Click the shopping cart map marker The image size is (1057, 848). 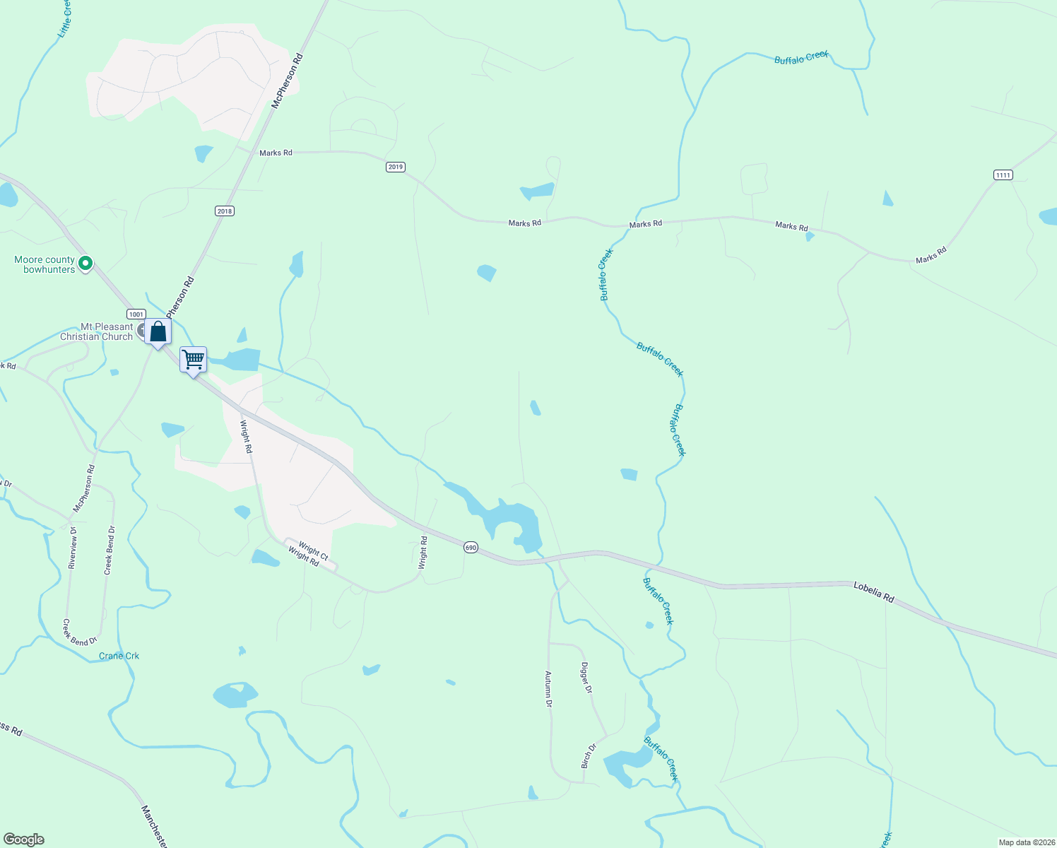(x=193, y=360)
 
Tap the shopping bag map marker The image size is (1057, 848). (x=158, y=331)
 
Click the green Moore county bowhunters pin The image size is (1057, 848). (x=85, y=264)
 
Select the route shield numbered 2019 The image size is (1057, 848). (x=395, y=167)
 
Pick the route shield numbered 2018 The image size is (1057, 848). (x=224, y=211)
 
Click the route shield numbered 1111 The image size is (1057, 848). (x=1003, y=175)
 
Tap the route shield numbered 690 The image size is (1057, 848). (x=471, y=547)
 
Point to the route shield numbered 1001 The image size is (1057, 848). (x=136, y=314)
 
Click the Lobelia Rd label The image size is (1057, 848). (x=874, y=592)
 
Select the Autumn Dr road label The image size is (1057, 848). (x=548, y=689)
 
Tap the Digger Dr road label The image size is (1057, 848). (x=586, y=677)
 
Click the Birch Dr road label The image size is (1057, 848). (x=588, y=756)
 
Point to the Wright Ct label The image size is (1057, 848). (x=313, y=550)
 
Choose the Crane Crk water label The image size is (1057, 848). (x=119, y=656)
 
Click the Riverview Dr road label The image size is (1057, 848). (x=73, y=548)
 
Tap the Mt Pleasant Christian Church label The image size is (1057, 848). (x=97, y=332)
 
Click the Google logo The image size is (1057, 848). (x=23, y=840)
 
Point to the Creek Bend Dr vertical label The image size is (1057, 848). (x=109, y=550)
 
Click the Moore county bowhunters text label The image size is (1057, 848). (x=45, y=264)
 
